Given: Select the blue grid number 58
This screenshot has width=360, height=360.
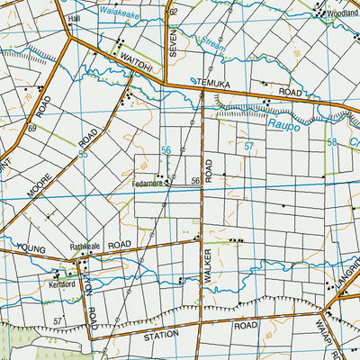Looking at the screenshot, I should [331, 142].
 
